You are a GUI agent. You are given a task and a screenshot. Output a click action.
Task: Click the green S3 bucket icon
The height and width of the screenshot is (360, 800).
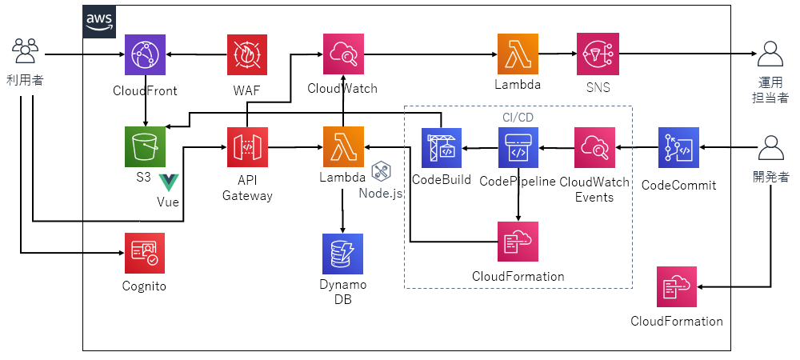[x=145, y=146]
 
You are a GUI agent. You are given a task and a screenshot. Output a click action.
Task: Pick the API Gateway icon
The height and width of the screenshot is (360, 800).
[x=247, y=146]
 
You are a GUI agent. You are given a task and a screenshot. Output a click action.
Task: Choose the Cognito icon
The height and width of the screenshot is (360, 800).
[x=145, y=254]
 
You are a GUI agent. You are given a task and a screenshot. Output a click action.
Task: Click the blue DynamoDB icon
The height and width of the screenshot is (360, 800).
[x=342, y=254]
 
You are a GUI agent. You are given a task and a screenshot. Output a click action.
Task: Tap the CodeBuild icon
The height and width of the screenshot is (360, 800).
[x=442, y=147]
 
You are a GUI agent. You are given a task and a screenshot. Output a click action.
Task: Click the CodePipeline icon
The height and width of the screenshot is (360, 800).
[x=518, y=147]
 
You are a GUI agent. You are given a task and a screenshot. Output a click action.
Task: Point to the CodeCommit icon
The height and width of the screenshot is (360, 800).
[x=678, y=147]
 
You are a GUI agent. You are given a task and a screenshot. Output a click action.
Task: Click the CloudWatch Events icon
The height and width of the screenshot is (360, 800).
[x=595, y=147]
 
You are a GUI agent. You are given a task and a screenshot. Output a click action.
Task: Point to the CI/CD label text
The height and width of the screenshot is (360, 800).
[x=518, y=118]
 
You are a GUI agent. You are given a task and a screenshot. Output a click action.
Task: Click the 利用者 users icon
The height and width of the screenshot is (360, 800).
[x=26, y=52]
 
